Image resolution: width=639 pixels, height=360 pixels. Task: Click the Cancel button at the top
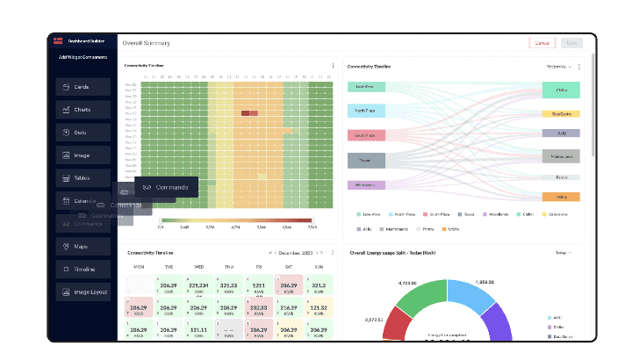coord(542,42)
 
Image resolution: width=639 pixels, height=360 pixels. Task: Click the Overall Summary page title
coord(146,43)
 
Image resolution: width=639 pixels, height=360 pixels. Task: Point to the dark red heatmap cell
coord(249,113)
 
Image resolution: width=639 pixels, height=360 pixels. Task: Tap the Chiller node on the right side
coord(561,90)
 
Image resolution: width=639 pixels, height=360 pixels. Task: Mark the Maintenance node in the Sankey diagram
coord(561,156)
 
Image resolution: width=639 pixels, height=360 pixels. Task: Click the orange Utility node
coord(561,196)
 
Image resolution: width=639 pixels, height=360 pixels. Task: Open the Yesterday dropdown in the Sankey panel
coord(557,67)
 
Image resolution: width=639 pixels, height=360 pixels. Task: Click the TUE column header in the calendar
coord(169,266)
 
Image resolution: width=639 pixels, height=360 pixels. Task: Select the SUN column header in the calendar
coord(319,266)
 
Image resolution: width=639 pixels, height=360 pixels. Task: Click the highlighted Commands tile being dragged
coord(166,187)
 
